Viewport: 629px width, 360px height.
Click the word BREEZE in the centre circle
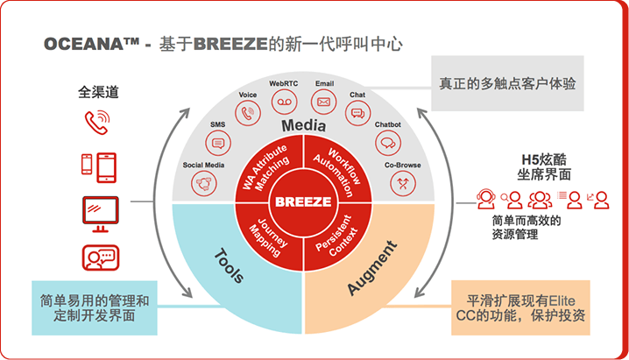coord(304,201)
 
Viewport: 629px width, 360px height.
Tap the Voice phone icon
coord(248,113)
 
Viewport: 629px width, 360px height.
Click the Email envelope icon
coord(323,102)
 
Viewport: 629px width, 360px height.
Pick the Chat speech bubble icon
coord(357,112)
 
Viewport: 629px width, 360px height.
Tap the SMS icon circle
coord(218,143)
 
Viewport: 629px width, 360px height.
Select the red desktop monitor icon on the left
coord(99,211)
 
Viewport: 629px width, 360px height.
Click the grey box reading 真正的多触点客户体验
coord(507,84)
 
